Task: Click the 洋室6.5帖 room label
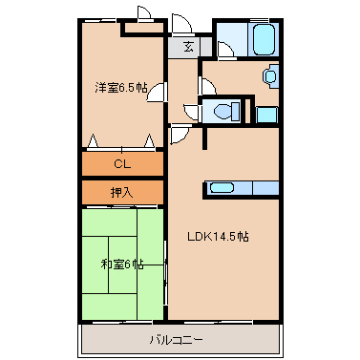pos(120,88)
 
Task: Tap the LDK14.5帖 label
pos(218,237)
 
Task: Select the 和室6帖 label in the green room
pos(121,265)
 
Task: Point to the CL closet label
pos(122,164)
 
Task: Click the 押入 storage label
pos(122,192)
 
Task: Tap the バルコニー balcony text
pos(176,340)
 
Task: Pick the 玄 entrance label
pos(188,47)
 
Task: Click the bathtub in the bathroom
pos(264,39)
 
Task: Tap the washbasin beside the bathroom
pos(270,76)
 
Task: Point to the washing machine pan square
pos(266,115)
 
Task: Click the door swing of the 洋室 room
pos(157,93)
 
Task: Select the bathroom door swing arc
pos(226,51)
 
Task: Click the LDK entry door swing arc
pos(180,135)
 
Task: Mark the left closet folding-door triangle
pos(93,140)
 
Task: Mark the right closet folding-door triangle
pos(149,140)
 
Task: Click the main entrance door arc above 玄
pos(181,23)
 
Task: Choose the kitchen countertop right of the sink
pos(265,188)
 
